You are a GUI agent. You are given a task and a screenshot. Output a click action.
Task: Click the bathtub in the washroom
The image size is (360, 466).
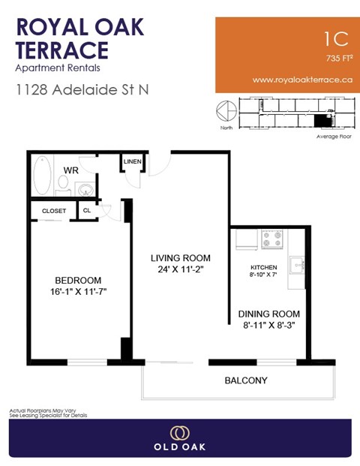pos(42,176)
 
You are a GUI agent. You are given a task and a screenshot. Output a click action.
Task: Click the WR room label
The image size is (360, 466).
pos(71,170)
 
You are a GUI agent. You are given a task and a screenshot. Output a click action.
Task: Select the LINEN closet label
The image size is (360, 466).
pos(133,162)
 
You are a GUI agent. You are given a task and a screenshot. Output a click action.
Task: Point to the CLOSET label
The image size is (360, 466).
pos(54,211)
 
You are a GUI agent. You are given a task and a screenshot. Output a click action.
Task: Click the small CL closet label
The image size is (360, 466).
pos(86,211)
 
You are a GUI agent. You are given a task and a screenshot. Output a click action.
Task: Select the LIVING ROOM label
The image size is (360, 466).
pos(180,257)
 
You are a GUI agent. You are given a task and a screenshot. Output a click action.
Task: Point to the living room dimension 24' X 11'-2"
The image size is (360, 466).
pos(180,270)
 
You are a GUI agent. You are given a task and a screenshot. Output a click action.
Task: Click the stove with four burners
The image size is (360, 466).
pos(272,239)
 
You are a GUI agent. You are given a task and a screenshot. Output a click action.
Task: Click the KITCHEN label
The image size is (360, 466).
pos(264,267)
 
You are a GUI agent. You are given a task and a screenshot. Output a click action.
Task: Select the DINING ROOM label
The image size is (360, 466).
pos(269,314)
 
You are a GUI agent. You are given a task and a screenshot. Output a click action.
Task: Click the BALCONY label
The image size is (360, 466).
pos(246,380)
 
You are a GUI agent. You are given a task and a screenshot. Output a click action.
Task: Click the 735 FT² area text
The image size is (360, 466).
pos(339,58)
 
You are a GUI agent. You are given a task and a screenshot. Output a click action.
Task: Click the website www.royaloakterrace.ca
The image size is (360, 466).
pos(303,80)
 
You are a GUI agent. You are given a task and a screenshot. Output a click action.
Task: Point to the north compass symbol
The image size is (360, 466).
pos(224,110)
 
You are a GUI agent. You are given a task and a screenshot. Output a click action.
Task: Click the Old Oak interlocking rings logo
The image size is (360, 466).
pos(180,433)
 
